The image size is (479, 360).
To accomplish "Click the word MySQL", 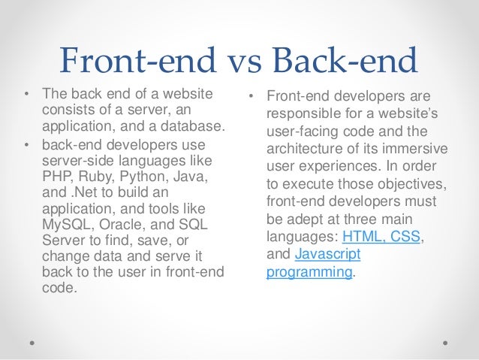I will point(65,224).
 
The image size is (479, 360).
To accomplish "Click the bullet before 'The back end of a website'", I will point(27,95).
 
